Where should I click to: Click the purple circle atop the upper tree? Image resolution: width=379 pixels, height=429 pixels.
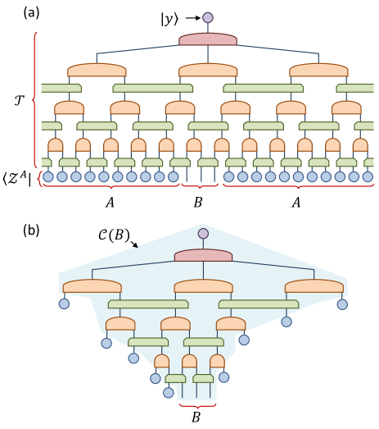coord(208,17)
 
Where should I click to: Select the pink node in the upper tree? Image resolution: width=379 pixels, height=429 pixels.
coord(208,39)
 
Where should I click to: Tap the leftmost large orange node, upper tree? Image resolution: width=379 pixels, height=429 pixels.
coord(97,71)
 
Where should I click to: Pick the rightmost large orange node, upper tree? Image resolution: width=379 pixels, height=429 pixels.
coord(318,71)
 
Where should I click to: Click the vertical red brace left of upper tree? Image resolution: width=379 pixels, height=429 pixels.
coord(34,98)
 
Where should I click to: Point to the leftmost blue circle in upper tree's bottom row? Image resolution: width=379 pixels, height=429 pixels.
coord(48,176)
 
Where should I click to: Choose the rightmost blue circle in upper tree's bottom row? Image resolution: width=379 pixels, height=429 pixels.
coord(368,176)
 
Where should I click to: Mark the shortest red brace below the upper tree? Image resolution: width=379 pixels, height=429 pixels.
coord(200,185)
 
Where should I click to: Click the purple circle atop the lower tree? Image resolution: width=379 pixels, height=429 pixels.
coord(203,234)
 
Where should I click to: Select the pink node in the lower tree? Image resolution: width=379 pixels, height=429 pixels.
coord(203,256)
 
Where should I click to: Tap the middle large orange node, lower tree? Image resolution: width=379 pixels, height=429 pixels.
coord(203,286)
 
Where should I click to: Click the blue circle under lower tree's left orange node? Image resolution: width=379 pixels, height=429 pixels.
coord(64,303)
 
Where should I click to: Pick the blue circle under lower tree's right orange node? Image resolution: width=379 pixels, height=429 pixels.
coord(342,304)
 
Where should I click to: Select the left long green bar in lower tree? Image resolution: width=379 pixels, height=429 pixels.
coord(148,304)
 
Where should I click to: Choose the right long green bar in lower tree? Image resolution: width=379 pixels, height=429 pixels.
coord(259,304)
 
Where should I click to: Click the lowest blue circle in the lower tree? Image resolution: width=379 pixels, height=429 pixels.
coord(169,393)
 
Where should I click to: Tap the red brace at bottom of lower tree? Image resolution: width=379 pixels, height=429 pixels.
coord(198,405)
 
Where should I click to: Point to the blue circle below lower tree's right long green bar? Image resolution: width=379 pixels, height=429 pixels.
coord(287,322)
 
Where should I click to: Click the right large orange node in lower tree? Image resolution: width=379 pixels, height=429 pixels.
coord(314,286)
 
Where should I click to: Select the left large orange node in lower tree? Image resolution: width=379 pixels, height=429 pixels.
coord(92,286)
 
